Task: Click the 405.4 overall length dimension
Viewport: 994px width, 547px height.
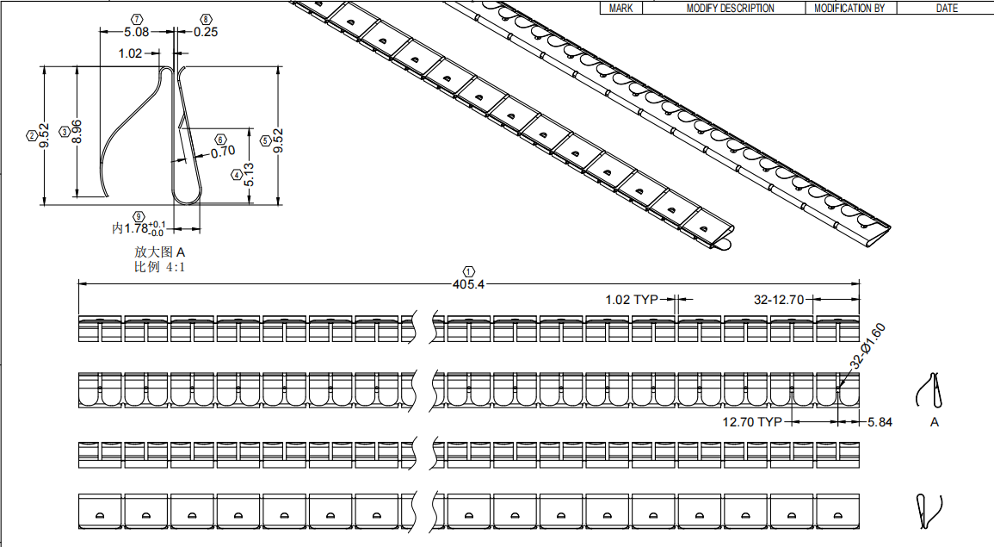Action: tap(468, 284)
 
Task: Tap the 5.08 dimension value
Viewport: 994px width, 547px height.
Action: tap(136, 32)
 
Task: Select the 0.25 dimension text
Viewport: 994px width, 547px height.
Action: tap(206, 32)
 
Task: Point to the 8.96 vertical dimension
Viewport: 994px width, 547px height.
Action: tap(77, 131)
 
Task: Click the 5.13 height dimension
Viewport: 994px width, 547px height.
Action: tap(249, 175)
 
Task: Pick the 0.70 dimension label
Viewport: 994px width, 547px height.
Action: tap(223, 152)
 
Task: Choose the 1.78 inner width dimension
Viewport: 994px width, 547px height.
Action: tap(139, 228)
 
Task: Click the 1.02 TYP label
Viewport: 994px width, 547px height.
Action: tap(632, 300)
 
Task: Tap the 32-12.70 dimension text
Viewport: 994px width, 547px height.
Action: tap(779, 300)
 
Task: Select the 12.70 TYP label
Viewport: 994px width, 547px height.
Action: tap(752, 422)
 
